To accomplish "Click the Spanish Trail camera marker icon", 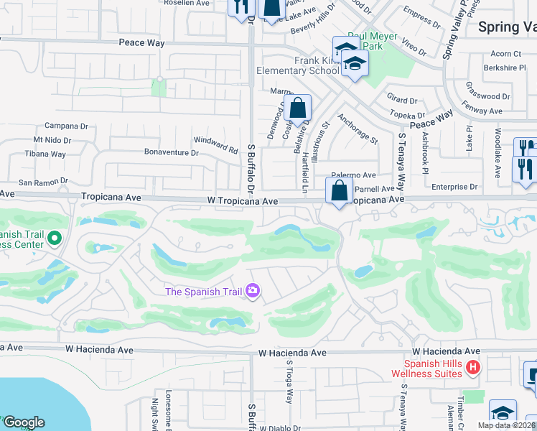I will coord(253,291).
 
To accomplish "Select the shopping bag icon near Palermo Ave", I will coord(338,191).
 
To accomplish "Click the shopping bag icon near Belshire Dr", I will coord(297,109).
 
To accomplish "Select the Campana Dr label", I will coord(66,125).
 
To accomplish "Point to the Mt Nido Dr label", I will coord(52,141).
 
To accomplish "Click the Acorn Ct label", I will coord(506,54).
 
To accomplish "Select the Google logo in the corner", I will coord(24,422).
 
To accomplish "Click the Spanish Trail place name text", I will coord(203,291).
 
